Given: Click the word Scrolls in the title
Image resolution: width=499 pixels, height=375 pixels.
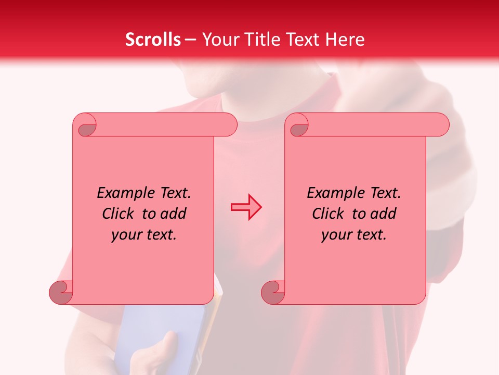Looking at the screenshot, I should click(153, 40).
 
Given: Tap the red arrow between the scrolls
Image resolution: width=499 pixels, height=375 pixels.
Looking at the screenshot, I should click(246, 207).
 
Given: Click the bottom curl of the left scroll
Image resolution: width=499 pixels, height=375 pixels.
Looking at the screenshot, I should click(61, 293).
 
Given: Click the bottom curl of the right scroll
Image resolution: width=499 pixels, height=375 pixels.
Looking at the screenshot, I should click(273, 293).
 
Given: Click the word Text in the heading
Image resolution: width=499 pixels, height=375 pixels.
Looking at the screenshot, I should click(300, 40).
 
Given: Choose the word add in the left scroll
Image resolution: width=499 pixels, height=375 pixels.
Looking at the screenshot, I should click(173, 214).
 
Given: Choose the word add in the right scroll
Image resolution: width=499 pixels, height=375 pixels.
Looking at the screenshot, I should click(383, 214).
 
